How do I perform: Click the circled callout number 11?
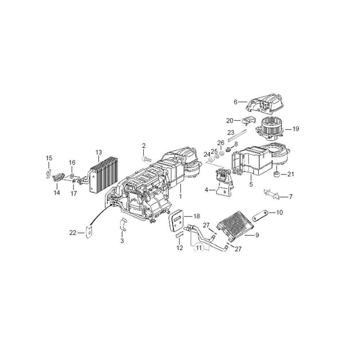click(x=199, y=248)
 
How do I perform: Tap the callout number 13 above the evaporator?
click(x=99, y=152)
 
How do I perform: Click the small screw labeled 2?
click(x=146, y=158)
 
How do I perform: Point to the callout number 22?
click(x=73, y=233)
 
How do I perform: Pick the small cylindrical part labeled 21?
click(x=277, y=174)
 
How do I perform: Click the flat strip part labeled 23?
click(x=237, y=135)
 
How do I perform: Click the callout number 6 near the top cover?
click(x=235, y=102)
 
